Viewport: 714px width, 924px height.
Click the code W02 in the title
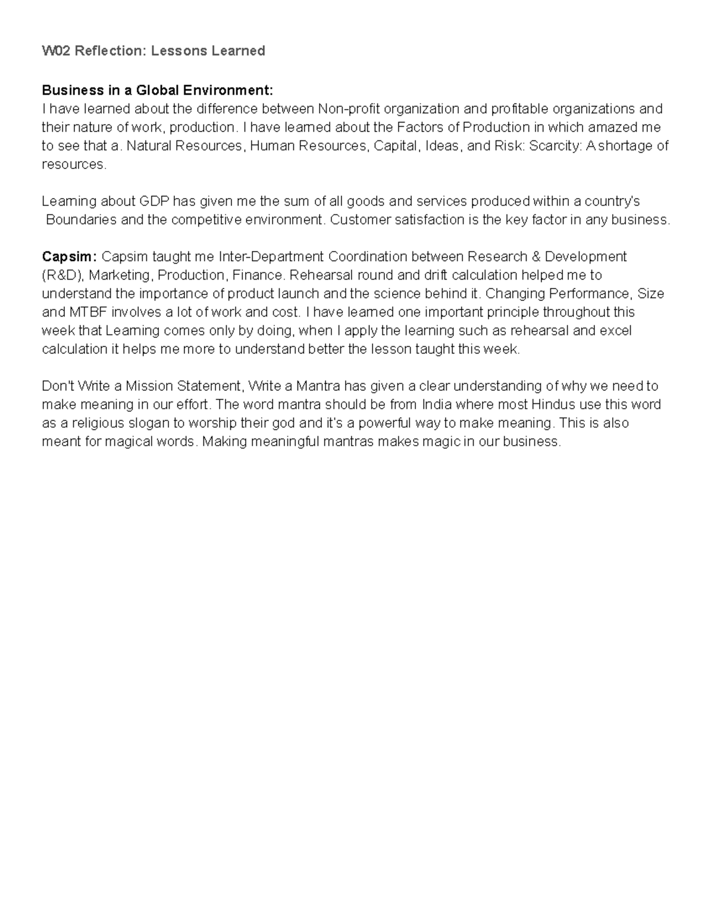point(52,51)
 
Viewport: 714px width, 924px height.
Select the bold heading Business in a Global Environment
point(157,90)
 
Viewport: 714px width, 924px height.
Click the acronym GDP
point(154,201)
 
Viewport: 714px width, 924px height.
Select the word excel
point(615,330)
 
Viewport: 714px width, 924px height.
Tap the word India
point(437,405)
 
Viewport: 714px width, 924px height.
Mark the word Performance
point(589,293)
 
